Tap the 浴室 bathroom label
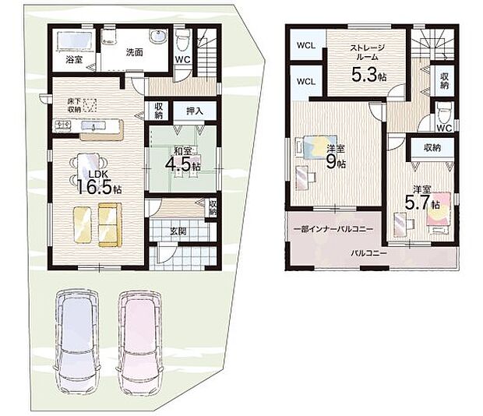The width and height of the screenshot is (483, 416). pyautogui.click(x=74, y=59)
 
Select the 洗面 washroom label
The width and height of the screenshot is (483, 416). pyautogui.click(x=134, y=52)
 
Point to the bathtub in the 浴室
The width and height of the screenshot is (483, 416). pyautogui.click(x=74, y=41)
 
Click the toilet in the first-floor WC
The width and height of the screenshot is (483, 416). pyautogui.click(x=183, y=41)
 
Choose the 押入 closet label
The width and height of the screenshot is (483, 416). pyautogui.click(x=195, y=111)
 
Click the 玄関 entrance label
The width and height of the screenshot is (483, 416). pyautogui.click(x=178, y=231)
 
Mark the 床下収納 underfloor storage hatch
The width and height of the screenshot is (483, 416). pyautogui.click(x=90, y=104)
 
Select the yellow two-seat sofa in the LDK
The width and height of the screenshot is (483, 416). pyautogui.click(x=109, y=225)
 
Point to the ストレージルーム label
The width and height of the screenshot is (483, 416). pyautogui.click(x=367, y=52)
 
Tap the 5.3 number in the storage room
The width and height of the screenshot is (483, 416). pyautogui.click(x=364, y=74)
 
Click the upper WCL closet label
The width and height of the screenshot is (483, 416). pyautogui.click(x=306, y=45)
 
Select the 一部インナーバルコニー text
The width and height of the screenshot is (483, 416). pyautogui.click(x=334, y=229)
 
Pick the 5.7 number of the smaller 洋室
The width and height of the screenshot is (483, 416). pyautogui.click(x=417, y=203)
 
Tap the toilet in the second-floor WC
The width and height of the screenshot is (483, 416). pyautogui.click(x=444, y=112)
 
